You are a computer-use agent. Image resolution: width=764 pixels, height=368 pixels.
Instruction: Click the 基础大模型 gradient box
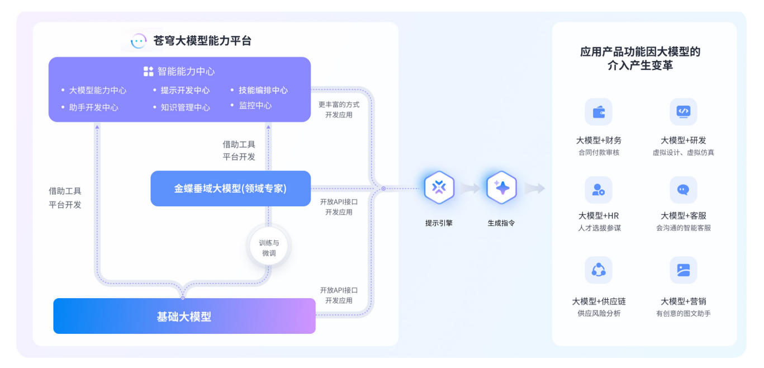point(184,316)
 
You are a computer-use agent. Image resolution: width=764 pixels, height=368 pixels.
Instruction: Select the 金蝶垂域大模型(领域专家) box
point(230,188)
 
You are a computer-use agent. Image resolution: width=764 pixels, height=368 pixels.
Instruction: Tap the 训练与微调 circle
point(269,248)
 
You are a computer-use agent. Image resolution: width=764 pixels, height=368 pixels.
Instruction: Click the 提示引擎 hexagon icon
point(439,188)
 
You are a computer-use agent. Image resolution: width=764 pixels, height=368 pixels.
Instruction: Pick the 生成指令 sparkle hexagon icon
point(501,188)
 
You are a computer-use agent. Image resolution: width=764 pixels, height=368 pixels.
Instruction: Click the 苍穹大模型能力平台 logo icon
point(139,41)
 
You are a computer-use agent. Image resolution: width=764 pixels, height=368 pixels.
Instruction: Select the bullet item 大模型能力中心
point(98,90)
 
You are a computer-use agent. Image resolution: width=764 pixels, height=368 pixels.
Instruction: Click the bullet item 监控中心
point(255,105)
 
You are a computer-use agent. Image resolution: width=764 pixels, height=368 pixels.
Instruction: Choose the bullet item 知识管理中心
point(185,107)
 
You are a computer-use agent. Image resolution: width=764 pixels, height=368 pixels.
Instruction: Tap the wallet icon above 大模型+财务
point(599,112)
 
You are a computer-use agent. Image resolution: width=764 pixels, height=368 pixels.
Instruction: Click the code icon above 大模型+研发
point(683,111)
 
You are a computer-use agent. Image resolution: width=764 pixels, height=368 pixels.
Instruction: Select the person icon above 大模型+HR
point(599,190)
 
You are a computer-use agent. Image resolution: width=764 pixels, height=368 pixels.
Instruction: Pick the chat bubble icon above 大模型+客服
point(683,190)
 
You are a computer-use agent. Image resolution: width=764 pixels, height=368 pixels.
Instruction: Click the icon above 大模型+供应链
point(599,270)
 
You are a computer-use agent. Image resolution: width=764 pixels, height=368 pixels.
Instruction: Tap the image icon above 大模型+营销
point(683,270)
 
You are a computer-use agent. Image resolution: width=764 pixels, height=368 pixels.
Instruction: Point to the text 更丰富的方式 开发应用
point(339,110)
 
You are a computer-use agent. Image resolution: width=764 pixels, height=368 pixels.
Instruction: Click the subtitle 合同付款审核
point(599,153)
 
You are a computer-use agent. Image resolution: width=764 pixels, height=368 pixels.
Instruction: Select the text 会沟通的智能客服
point(683,228)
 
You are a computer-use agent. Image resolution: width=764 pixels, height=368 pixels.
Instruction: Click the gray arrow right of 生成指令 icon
point(534,188)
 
